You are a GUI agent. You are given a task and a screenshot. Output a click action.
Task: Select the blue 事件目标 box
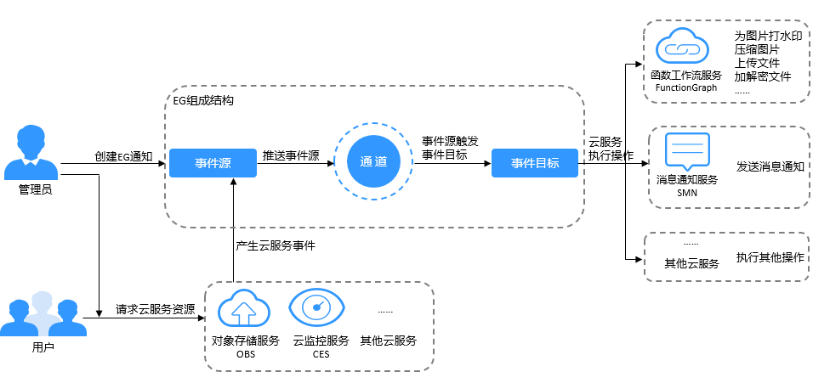[x=535, y=163]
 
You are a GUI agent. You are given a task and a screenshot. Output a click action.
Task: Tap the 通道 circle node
[x=373, y=163]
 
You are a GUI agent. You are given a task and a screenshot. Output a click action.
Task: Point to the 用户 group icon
[x=36, y=315]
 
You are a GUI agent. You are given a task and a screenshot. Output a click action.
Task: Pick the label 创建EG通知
[x=123, y=156]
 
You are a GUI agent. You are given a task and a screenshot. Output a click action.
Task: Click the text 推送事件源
[x=291, y=156]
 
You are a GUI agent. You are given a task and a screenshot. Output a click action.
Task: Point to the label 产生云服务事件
[x=275, y=245]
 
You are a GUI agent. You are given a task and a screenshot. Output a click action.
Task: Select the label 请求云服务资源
[x=156, y=309]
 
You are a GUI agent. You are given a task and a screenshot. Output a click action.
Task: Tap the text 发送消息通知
[x=770, y=166]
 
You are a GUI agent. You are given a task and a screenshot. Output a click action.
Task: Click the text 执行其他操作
[x=770, y=257]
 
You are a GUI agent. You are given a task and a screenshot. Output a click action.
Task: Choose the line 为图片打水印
[x=767, y=37]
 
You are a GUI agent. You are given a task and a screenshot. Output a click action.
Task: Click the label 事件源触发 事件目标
[x=450, y=148]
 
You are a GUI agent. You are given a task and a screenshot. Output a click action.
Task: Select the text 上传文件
[x=757, y=64]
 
